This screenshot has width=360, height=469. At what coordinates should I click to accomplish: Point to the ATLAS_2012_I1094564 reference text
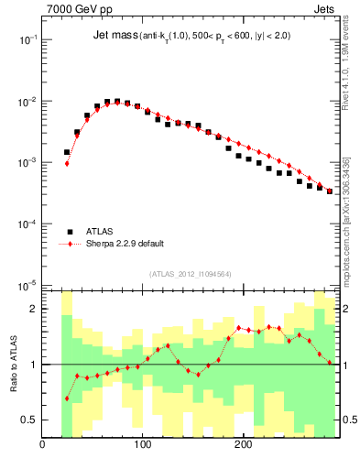[x=191, y=273]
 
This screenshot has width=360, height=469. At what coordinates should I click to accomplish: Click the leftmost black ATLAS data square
[x=67, y=152]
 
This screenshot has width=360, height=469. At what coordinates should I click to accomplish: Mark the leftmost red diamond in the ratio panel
[x=67, y=398]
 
